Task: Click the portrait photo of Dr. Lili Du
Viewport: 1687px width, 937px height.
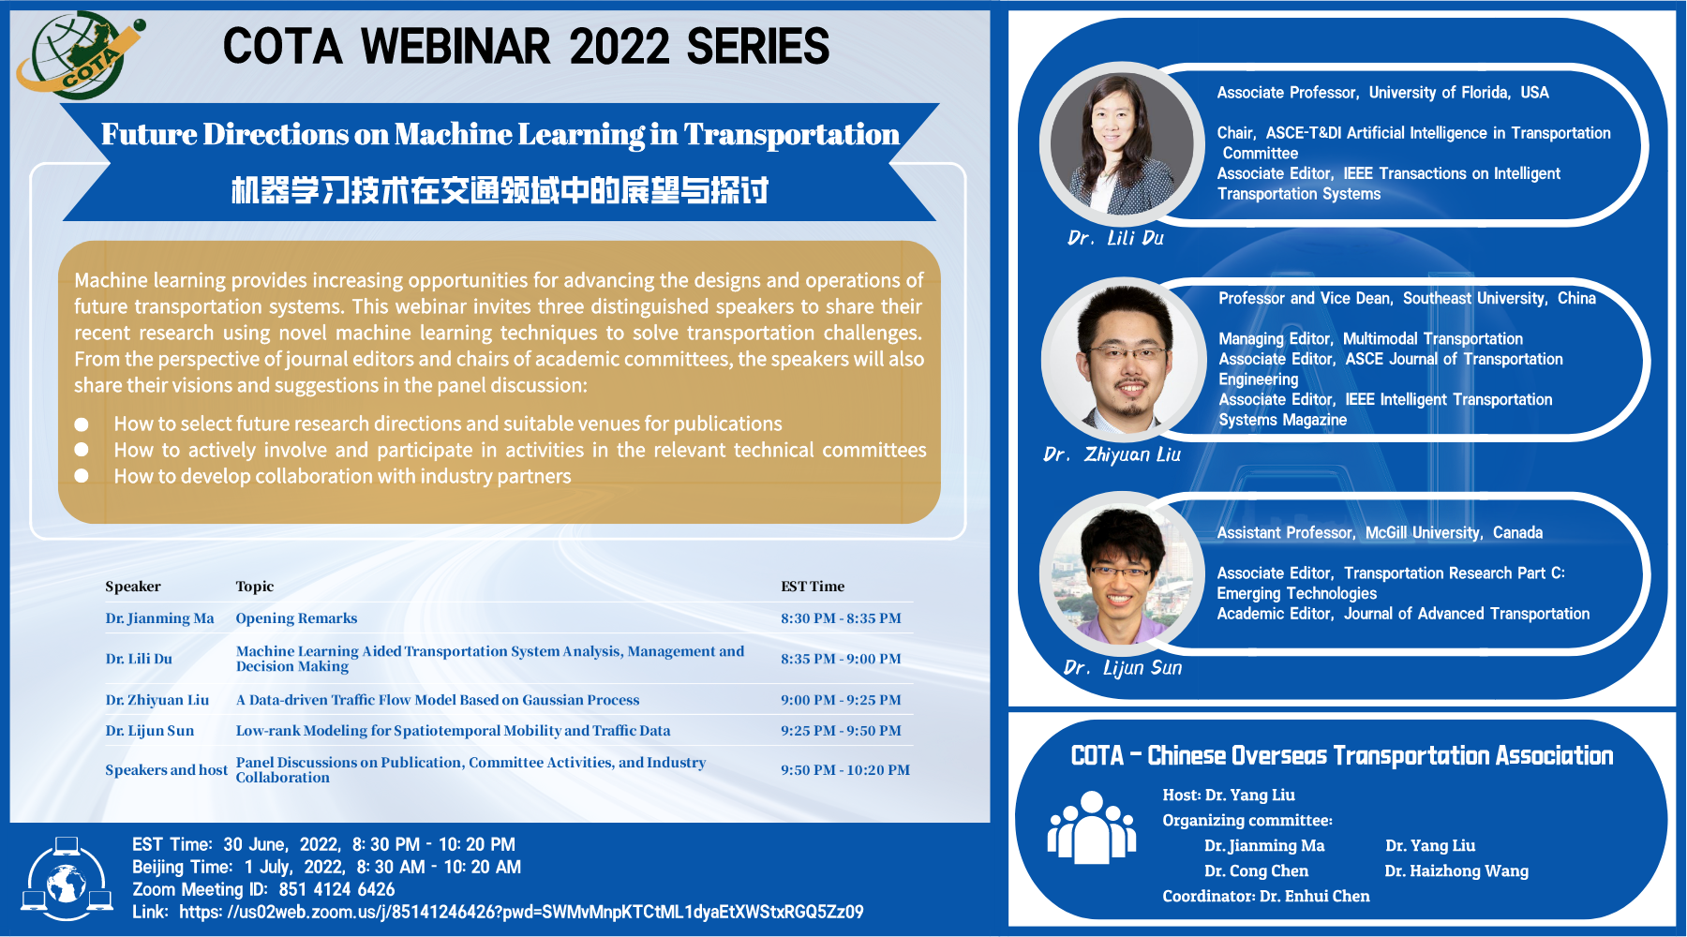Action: point(1122,142)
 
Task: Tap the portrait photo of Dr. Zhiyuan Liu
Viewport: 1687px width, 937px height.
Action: point(1124,360)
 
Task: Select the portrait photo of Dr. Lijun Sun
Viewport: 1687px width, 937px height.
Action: point(1122,573)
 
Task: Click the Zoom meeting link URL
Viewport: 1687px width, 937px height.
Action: point(521,912)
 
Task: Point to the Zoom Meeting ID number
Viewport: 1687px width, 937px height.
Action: point(336,889)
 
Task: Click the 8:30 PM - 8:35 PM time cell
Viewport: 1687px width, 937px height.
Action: point(841,618)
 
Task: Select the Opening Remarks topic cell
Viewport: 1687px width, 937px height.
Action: point(296,618)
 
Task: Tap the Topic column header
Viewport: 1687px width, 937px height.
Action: point(255,587)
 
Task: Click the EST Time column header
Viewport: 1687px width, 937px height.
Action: point(813,587)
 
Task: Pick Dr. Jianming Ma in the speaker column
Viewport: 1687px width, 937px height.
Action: point(159,618)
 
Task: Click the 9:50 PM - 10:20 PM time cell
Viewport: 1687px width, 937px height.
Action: point(845,770)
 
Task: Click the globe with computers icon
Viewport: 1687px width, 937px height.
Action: point(67,878)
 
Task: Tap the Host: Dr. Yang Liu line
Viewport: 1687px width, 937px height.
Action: point(1229,796)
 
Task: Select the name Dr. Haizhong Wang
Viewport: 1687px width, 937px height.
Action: point(1456,871)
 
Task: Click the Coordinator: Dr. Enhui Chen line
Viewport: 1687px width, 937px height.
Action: point(1266,897)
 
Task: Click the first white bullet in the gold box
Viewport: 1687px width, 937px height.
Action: point(82,424)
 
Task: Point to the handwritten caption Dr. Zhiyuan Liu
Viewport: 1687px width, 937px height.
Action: point(1112,454)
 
